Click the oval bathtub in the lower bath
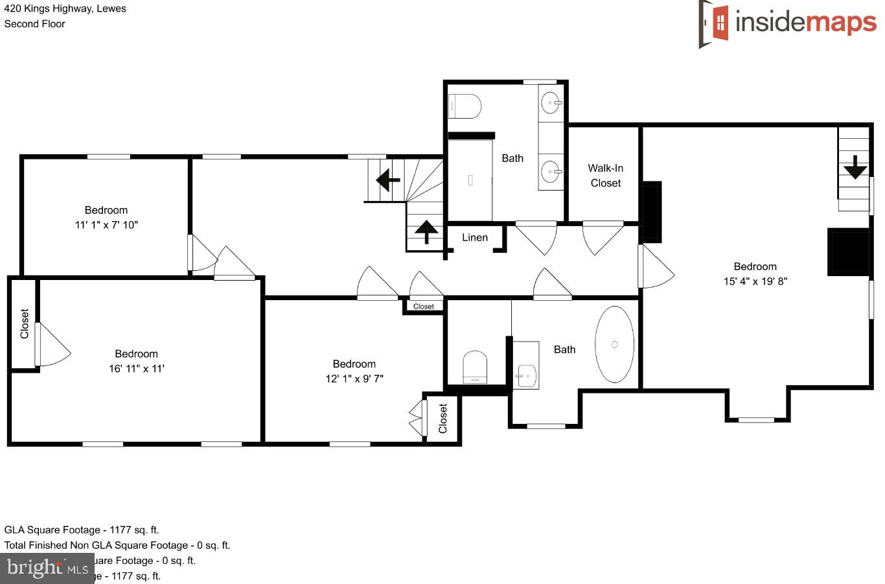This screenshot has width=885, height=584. [x=614, y=344]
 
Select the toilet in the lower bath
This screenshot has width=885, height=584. [x=475, y=368]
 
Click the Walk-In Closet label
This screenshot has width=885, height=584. [x=605, y=176]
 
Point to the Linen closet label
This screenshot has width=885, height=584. [x=474, y=238]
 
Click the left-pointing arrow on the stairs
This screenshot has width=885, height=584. [x=387, y=180]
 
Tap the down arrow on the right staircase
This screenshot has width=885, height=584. [x=855, y=167]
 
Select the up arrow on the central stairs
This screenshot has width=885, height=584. [x=426, y=231]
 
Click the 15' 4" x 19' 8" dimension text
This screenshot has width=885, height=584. [x=755, y=281]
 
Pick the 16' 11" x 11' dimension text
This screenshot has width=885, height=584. [x=136, y=369]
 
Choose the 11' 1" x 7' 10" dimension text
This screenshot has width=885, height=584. [x=106, y=225]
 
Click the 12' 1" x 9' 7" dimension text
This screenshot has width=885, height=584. [x=354, y=379]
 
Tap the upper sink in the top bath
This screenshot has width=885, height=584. [x=551, y=102]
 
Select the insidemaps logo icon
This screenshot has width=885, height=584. [x=714, y=23]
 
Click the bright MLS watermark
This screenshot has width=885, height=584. [x=47, y=568]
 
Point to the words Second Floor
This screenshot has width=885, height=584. [x=34, y=24]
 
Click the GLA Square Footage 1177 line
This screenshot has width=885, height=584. [x=82, y=530]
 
